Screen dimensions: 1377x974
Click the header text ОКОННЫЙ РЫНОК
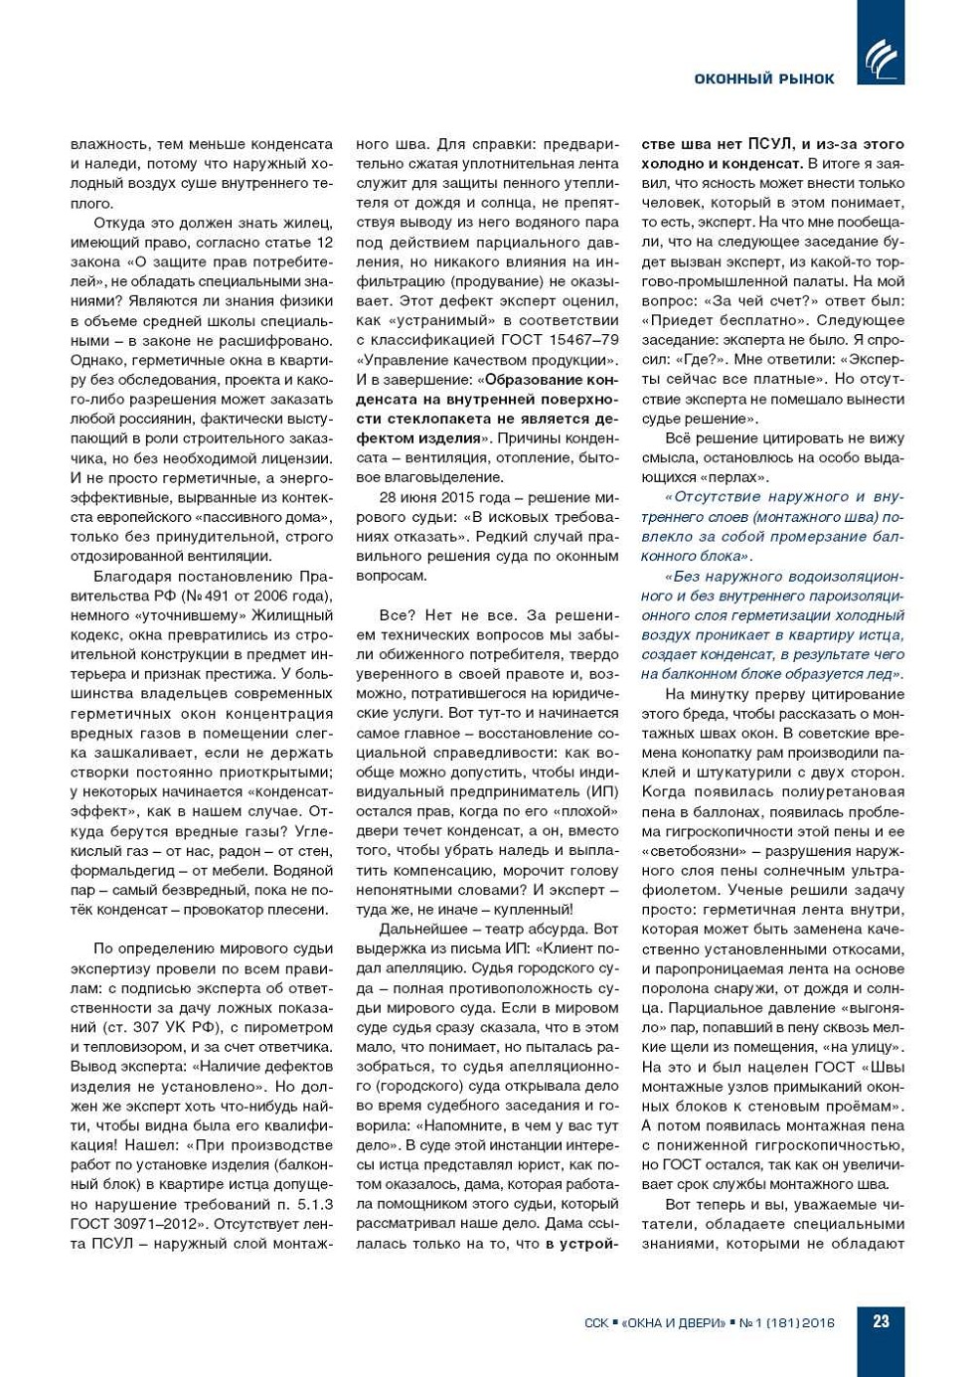764,79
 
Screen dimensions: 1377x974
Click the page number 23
881,1321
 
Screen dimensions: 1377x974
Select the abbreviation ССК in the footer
596,1323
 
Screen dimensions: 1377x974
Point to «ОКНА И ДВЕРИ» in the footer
673,1323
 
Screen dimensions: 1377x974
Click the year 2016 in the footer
817,1323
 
